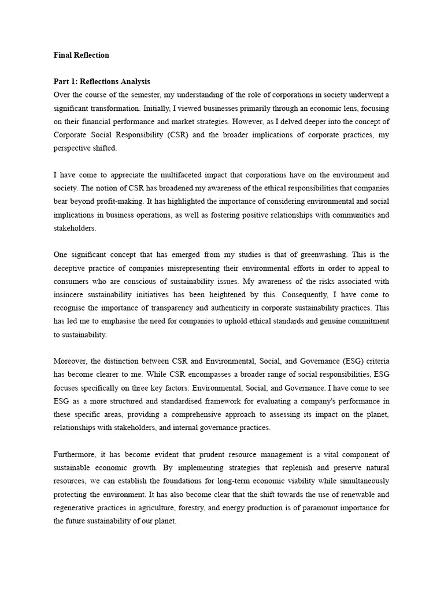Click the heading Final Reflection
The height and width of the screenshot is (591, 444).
81,55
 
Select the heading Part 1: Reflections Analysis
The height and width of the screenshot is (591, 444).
102,81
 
